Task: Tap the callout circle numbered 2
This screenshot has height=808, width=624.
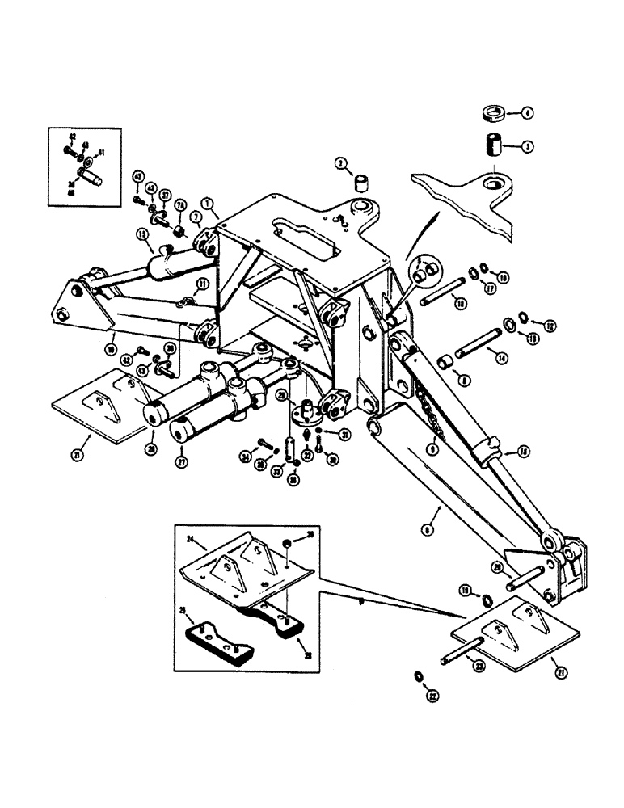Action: coord(340,163)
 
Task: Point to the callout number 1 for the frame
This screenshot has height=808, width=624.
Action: coord(209,206)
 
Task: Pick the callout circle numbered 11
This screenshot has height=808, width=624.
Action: coord(202,284)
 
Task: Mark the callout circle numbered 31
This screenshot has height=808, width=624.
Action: coord(344,436)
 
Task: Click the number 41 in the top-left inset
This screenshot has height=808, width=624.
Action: coord(101,153)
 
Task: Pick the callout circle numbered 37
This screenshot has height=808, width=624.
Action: coord(165,195)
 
